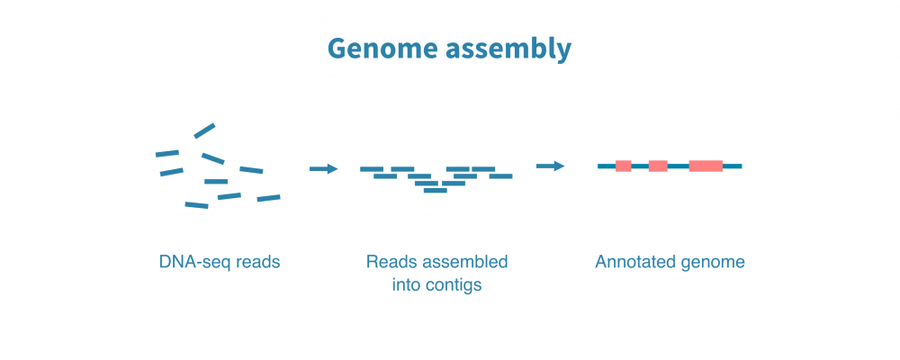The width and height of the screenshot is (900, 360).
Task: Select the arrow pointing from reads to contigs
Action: (323, 168)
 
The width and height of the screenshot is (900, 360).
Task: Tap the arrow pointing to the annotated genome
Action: (550, 166)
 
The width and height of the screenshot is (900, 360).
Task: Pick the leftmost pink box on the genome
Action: (623, 166)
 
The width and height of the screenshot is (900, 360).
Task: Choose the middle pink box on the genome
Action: (658, 166)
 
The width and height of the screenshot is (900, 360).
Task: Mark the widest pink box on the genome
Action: (706, 166)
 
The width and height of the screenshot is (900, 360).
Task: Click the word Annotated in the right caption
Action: (633, 263)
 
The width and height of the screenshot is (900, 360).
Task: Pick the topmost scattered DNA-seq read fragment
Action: (204, 130)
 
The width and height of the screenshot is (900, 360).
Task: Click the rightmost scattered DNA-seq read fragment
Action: (268, 197)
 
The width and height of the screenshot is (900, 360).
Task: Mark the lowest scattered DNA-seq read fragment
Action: (196, 205)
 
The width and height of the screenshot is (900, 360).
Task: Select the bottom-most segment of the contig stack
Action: (436, 191)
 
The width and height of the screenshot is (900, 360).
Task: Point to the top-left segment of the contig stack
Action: (372, 169)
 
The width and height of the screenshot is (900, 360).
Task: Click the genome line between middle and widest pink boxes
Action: (678, 166)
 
